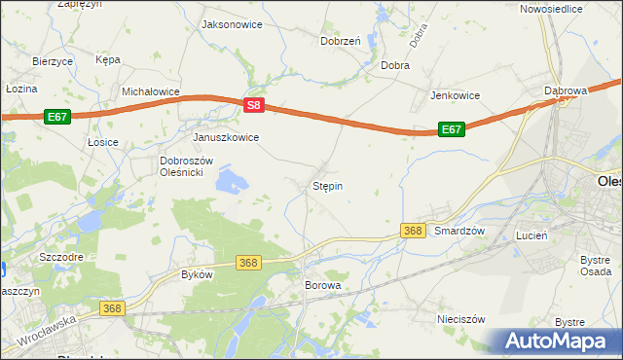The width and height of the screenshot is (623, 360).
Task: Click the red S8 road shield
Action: (253, 104)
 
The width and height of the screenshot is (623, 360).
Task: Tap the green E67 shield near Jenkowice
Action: (450, 128)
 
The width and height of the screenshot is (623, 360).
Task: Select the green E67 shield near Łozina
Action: (57, 116)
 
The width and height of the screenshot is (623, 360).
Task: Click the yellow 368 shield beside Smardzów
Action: (413, 230)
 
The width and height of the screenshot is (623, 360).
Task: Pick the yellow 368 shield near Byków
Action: (248, 263)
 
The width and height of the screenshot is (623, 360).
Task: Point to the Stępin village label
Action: (327, 185)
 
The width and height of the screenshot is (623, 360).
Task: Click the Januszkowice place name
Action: (226, 138)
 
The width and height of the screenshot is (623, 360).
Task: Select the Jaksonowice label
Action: (231, 24)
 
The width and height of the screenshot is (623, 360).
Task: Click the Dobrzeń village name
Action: (341, 41)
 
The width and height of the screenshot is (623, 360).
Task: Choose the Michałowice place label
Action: (151, 91)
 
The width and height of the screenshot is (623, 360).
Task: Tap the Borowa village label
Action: (323, 285)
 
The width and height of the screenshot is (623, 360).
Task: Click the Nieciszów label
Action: (461, 318)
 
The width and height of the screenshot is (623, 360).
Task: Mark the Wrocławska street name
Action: (46, 332)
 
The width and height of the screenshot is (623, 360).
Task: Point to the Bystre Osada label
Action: (595, 266)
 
